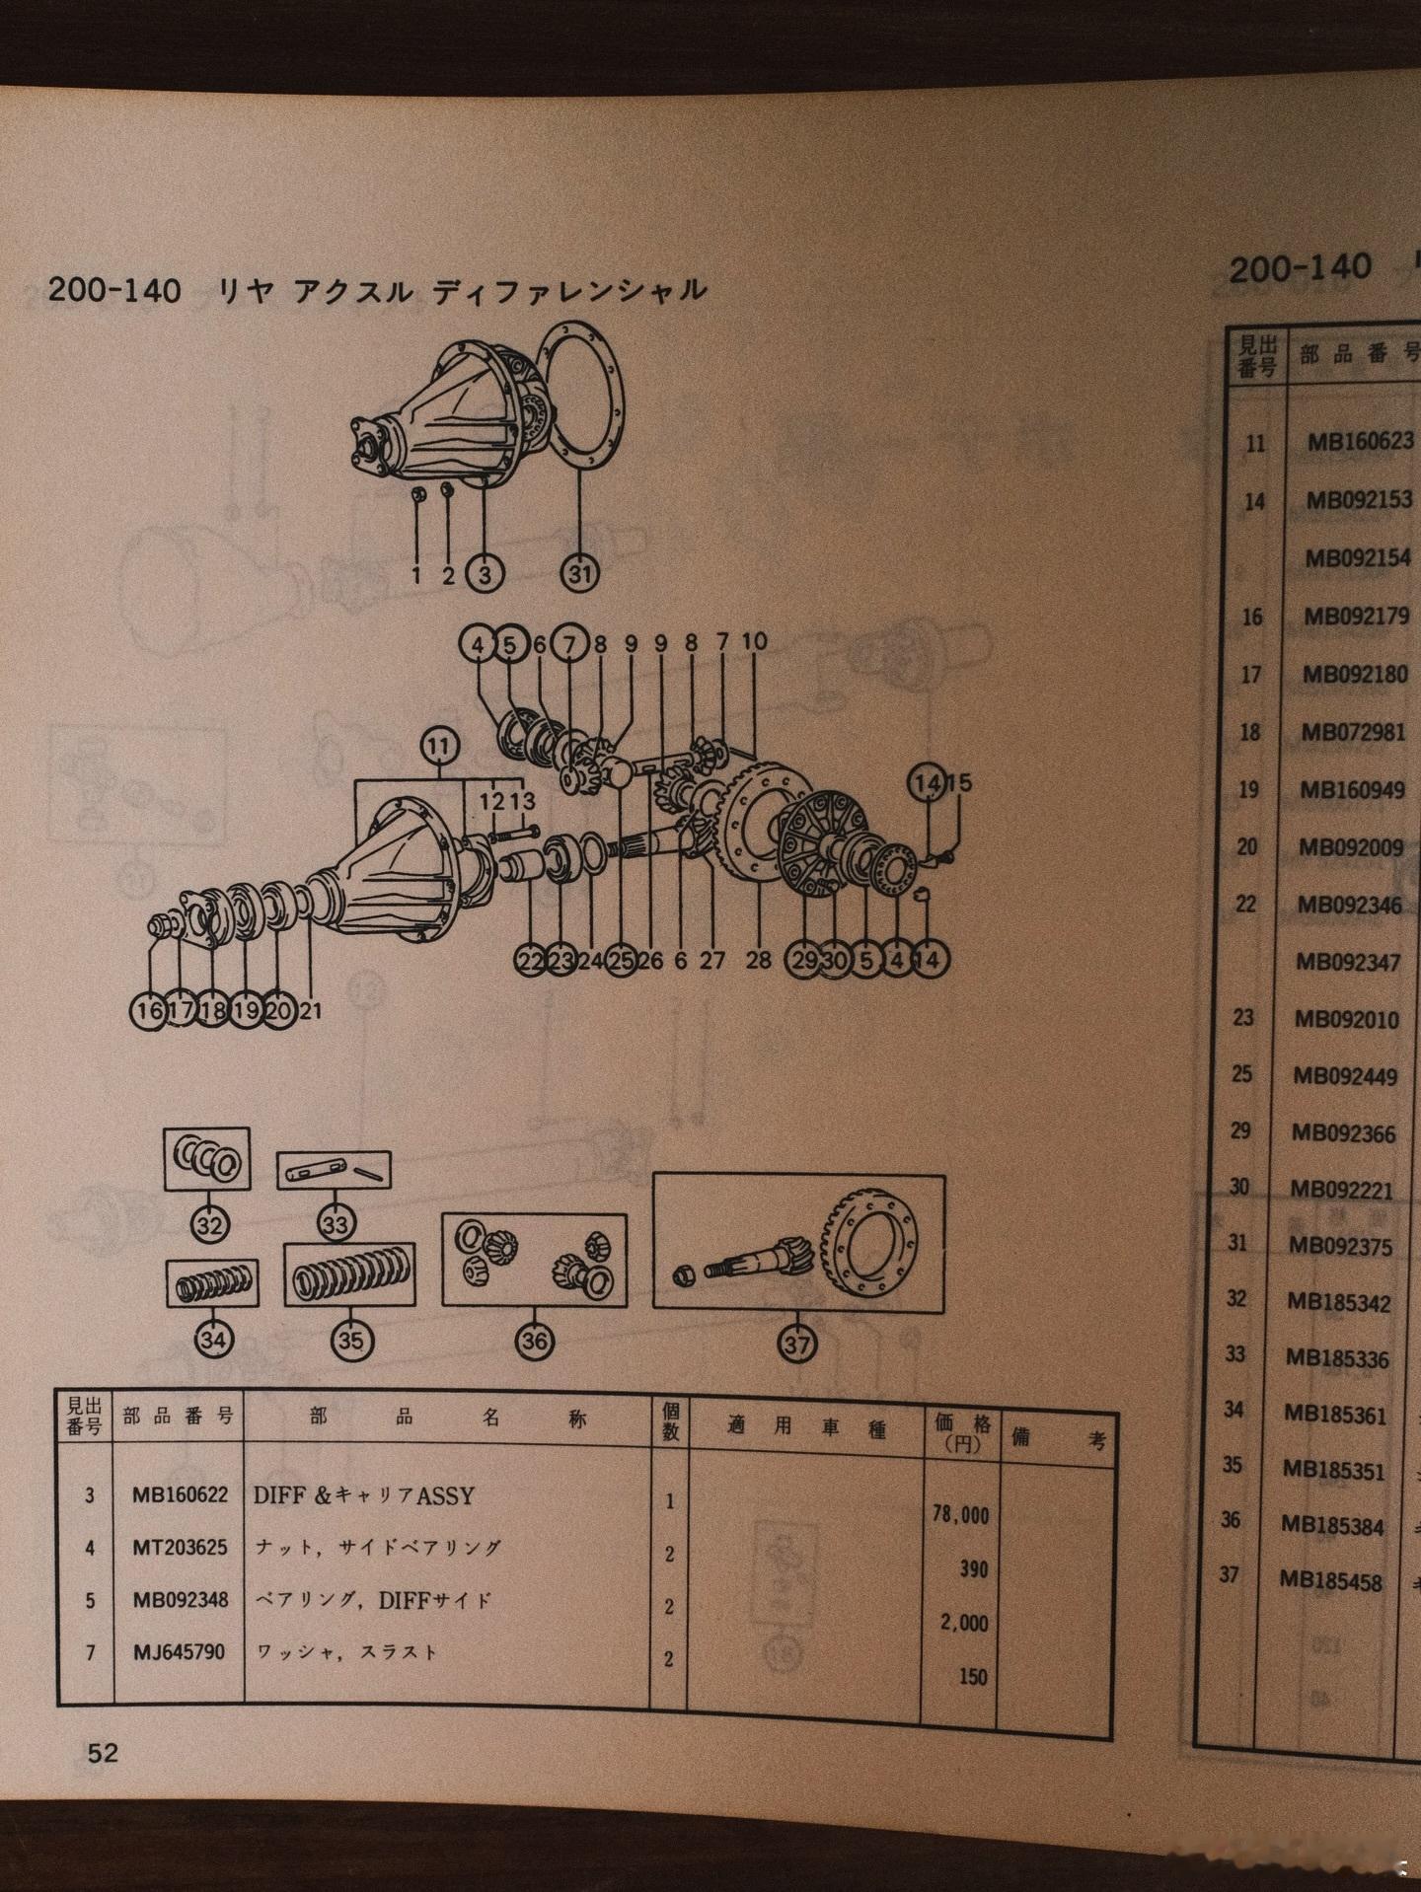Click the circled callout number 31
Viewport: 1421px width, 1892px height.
(581, 572)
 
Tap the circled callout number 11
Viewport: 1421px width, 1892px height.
(440, 748)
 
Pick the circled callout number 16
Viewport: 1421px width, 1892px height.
(149, 1010)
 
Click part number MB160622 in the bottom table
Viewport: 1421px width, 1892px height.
(180, 1495)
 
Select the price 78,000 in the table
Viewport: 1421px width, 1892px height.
(960, 1514)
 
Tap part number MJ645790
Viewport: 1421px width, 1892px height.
(179, 1651)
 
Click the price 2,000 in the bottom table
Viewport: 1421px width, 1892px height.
(963, 1623)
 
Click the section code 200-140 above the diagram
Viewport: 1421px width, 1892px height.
(114, 289)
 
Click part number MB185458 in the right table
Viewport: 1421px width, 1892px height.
(1331, 1580)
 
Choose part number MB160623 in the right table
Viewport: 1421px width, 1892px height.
(1360, 441)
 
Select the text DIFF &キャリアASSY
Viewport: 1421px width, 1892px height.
(363, 1495)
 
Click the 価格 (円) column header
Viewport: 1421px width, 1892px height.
(960, 1431)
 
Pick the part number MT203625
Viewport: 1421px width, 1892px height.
(179, 1548)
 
